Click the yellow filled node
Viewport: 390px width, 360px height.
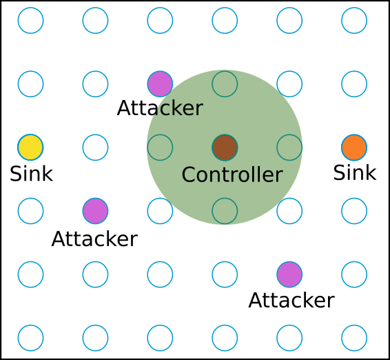tap(30, 148)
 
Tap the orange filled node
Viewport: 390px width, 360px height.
tap(354, 148)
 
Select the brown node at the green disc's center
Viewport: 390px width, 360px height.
tap(225, 148)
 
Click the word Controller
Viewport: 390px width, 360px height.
tap(232, 175)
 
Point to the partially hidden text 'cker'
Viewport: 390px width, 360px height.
tap(176, 109)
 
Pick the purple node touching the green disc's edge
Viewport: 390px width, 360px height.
tap(160, 84)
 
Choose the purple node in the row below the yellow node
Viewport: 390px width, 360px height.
tap(95, 211)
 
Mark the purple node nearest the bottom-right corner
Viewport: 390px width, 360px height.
tap(289, 274)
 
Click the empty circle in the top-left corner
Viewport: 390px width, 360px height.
tap(30, 21)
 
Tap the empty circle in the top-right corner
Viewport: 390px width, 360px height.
tap(354, 21)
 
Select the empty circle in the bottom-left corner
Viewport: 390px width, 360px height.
tap(30, 338)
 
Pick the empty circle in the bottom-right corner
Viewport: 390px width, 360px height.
tap(354, 338)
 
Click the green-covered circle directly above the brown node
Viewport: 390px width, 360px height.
tap(225, 84)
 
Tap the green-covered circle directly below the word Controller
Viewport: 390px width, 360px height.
tap(225, 211)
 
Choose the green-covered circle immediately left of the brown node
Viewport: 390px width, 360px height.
tap(160, 148)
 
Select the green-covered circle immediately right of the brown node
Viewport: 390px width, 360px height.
tap(289, 148)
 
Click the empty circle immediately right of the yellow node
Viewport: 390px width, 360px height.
tap(95, 148)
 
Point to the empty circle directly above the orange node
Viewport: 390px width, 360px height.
tap(354, 84)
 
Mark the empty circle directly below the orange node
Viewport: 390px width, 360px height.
tap(354, 211)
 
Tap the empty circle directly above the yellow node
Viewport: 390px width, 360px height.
tap(30, 84)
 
